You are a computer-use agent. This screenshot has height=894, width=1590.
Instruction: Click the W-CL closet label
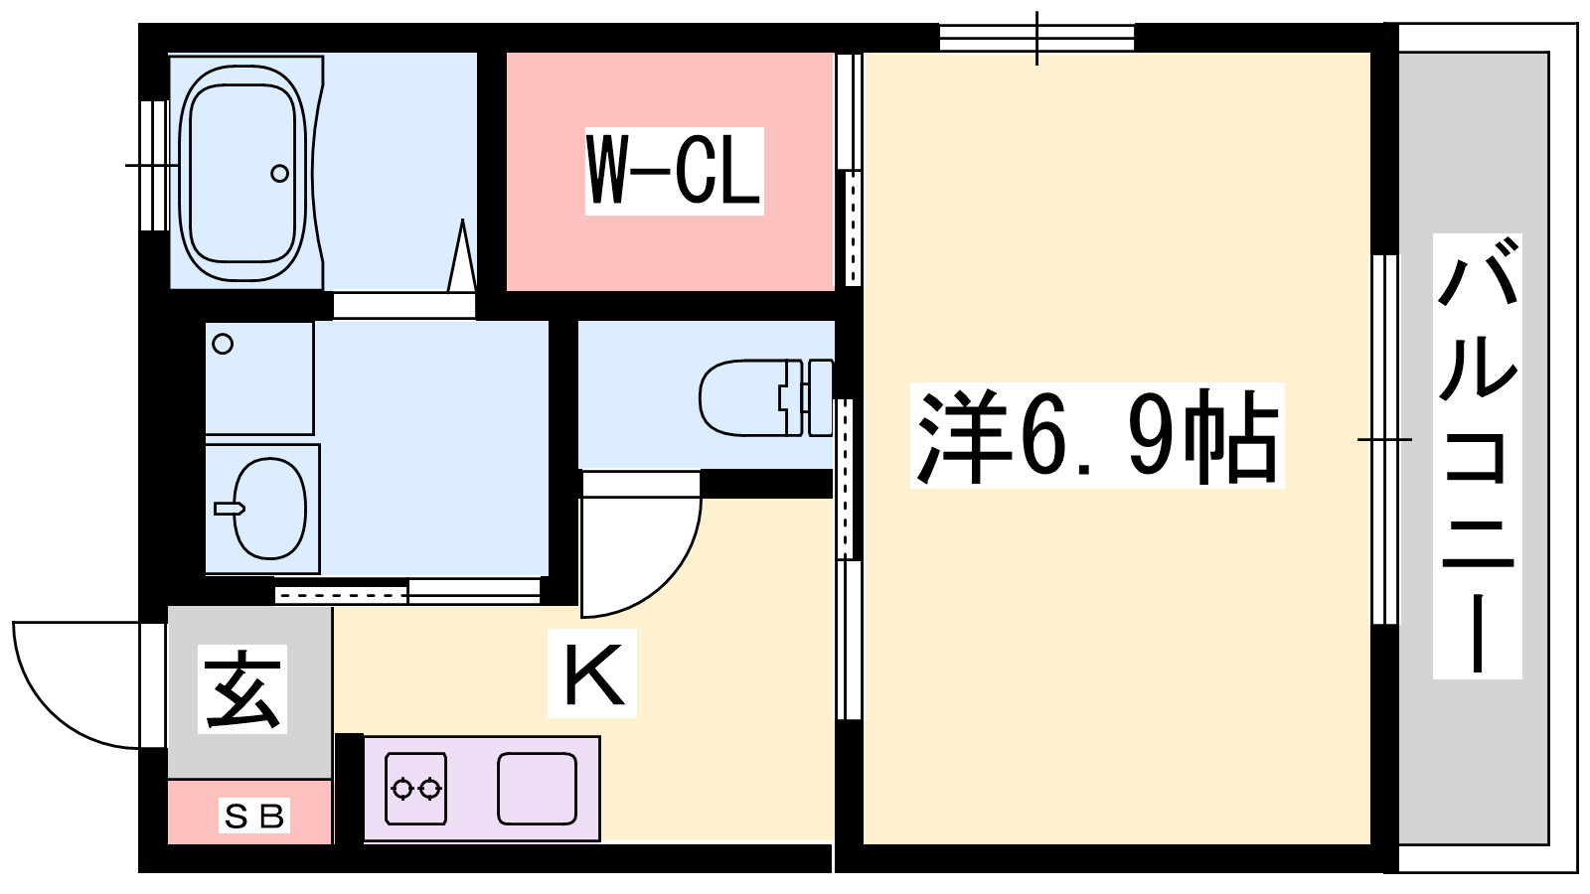(674, 171)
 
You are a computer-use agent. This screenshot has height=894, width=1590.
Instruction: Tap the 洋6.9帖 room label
(1097, 435)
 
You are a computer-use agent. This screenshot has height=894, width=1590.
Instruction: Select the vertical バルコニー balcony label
(1477, 456)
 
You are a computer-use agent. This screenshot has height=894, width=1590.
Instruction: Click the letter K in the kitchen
(592, 672)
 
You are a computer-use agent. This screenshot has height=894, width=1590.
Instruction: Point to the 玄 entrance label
(242, 689)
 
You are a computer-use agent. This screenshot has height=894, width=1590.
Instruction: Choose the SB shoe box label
(253, 817)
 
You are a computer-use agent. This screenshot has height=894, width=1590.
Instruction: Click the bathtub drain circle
(279, 173)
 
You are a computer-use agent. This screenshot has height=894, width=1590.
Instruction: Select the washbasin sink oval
(269, 508)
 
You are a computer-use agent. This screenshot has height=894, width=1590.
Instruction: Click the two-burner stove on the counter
(415, 789)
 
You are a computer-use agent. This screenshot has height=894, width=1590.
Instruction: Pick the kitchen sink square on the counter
(537, 789)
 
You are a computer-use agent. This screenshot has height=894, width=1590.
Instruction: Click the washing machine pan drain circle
(223, 344)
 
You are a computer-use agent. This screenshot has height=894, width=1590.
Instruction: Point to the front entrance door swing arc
(50, 710)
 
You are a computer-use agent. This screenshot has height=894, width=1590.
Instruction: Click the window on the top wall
(1036, 38)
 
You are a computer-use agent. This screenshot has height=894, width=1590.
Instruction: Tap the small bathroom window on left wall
(153, 165)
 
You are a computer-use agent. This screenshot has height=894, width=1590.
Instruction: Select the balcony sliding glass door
(1384, 440)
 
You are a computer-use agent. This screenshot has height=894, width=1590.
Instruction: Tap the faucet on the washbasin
(230, 508)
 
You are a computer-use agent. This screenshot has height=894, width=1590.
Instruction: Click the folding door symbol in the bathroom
(462, 255)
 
